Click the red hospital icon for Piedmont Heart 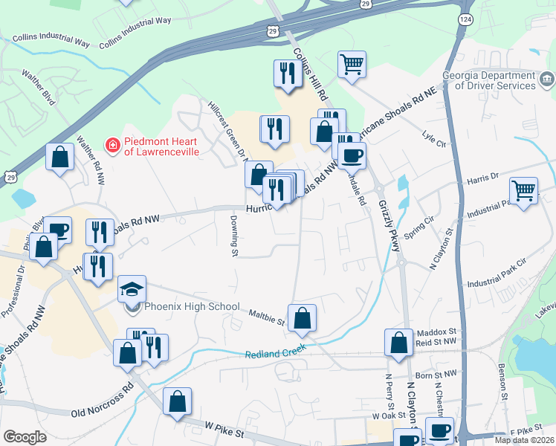coord(112,145)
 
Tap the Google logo coord(25,437)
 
